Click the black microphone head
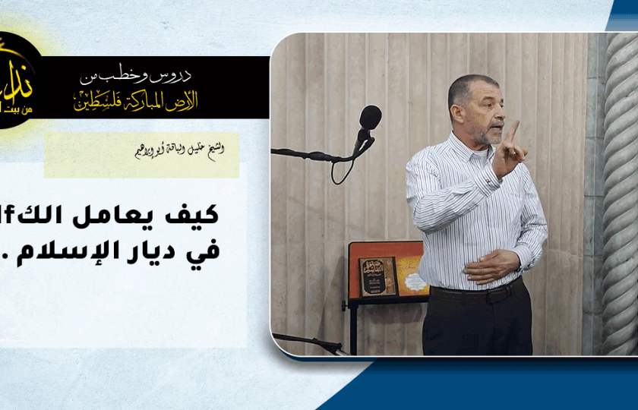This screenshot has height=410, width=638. coord(370,118)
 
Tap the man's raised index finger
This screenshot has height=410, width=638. coord(514,130)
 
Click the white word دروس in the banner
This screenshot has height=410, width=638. coord(175,75)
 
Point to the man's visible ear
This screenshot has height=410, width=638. coord(455,112)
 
